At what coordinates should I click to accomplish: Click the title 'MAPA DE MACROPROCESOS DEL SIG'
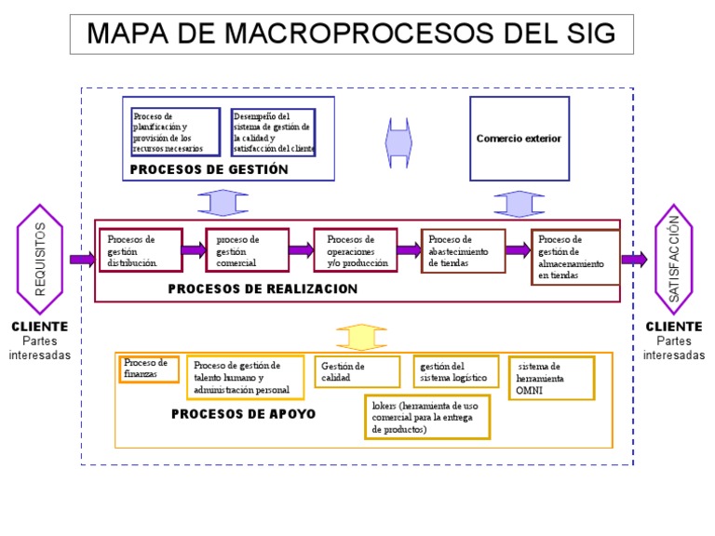pyautogui.click(x=351, y=33)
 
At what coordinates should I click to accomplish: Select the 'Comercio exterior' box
pyautogui.click(x=519, y=139)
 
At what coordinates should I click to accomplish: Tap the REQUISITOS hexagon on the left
pyautogui.click(x=40, y=258)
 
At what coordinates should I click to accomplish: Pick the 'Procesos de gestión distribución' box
pyautogui.click(x=141, y=250)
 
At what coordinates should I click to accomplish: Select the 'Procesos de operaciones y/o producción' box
pyautogui.click(x=356, y=250)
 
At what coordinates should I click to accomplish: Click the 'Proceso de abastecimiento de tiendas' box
pyautogui.click(x=464, y=250)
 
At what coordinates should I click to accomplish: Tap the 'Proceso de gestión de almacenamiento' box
pyautogui.click(x=574, y=257)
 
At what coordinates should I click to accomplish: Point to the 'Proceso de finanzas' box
pyautogui.click(x=148, y=368)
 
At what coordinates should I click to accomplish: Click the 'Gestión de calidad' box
pyautogui.click(x=357, y=372)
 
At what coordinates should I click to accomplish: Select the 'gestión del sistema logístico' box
pyautogui.click(x=452, y=372)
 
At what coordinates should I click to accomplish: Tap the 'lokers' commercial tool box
pyautogui.click(x=426, y=417)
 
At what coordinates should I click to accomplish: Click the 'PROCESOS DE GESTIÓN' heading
pyautogui.click(x=209, y=169)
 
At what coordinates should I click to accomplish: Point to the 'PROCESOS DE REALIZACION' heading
pyautogui.click(x=263, y=289)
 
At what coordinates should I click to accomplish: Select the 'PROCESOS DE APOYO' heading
pyautogui.click(x=243, y=413)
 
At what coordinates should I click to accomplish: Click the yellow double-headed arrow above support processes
pyautogui.click(x=362, y=336)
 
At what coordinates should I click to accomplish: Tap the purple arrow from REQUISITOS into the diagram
pyautogui.click(x=82, y=260)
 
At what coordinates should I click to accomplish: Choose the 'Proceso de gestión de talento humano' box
pyautogui.click(x=245, y=378)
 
